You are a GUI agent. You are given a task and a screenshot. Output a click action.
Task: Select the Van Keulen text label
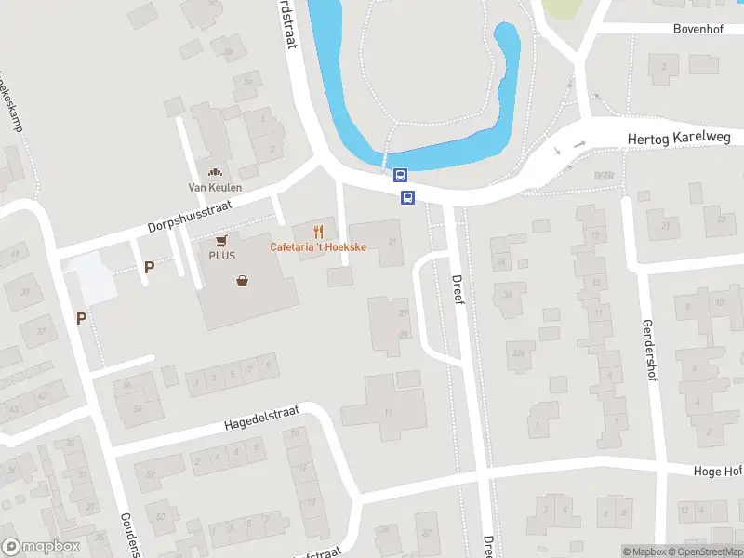tap(215, 187)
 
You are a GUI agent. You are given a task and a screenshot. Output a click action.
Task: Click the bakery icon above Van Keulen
tap(215, 172)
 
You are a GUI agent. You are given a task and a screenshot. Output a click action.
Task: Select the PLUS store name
tap(221, 255)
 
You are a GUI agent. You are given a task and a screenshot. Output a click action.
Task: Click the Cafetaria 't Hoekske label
tap(318, 246)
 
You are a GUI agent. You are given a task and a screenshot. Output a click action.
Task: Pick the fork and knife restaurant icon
tap(318, 232)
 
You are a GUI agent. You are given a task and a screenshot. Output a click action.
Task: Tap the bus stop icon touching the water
tap(401, 175)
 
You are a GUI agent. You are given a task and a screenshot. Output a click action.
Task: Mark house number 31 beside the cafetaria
tap(392, 242)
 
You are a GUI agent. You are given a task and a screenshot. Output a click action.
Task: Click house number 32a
tap(517, 352)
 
